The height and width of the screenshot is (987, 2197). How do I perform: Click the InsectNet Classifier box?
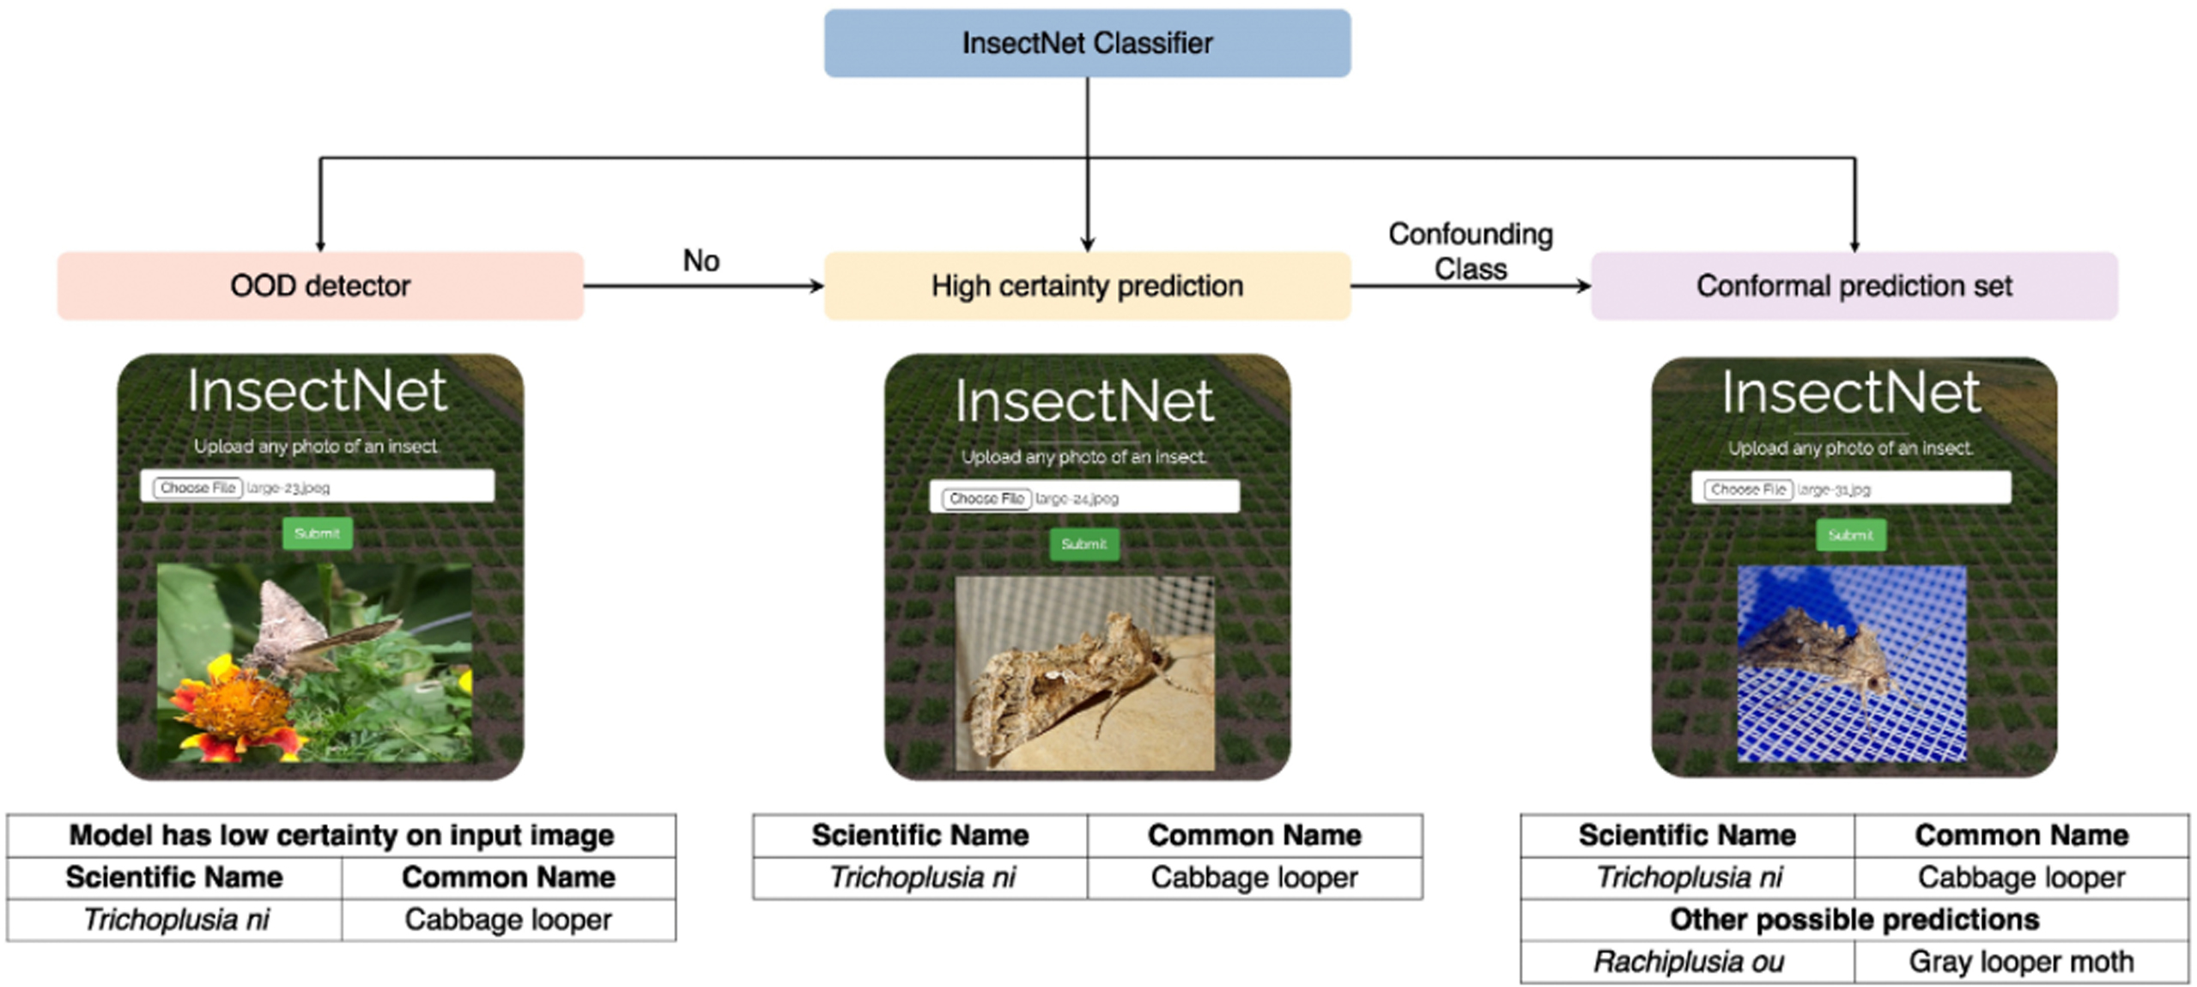pyautogui.click(x=1087, y=43)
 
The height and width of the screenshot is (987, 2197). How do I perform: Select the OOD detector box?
pyautogui.click(x=320, y=285)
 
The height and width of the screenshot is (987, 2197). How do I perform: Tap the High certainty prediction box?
pyautogui.click(x=1087, y=285)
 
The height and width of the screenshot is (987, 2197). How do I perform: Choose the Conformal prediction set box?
pyautogui.click(x=1854, y=285)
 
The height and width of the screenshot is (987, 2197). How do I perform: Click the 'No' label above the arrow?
pyautogui.click(x=701, y=260)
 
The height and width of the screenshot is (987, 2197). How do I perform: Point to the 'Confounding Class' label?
pyautogui.click(x=1470, y=251)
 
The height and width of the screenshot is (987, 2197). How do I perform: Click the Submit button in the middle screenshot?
pyautogui.click(x=1083, y=544)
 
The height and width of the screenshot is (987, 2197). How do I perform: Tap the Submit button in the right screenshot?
pyautogui.click(x=1850, y=535)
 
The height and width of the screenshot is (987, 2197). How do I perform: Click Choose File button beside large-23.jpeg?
pyautogui.click(x=197, y=488)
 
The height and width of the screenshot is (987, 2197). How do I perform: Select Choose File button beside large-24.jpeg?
pyautogui.click(x=986, y=498)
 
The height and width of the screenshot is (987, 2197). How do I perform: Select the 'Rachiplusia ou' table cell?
pyautogui.click(x=1687, y=962)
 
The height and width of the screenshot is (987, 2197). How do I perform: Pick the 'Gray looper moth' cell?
pyautogui.click(x=2021, y=962)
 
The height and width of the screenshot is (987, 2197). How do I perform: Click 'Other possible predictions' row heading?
pyautogui.click(x=1854, y=920)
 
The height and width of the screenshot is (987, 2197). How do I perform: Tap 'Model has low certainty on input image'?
pyautogui.click(x=341, y=835)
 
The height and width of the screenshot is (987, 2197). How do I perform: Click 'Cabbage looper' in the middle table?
pyautogui.click(x=1253, y=878)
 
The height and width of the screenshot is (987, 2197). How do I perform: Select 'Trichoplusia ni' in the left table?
pyautogui.click(x=175, y=920)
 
